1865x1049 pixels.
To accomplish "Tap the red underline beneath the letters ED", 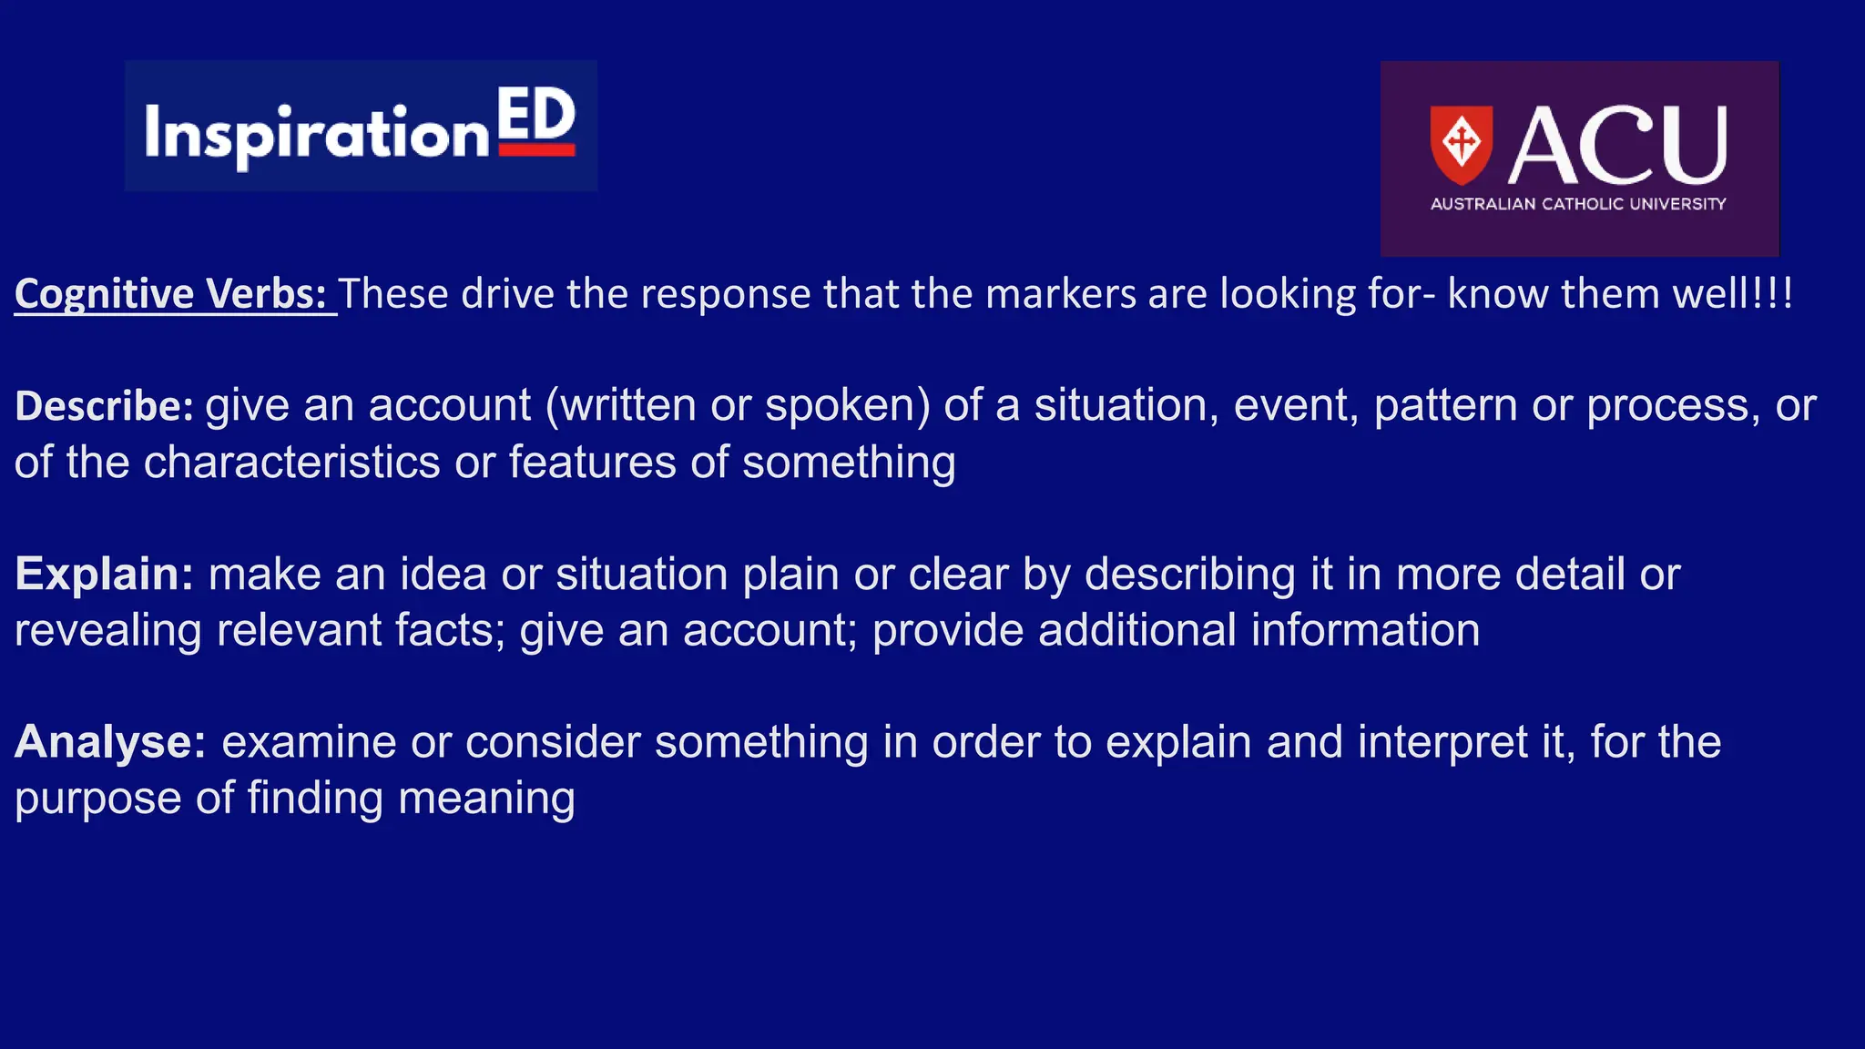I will coord(537,150).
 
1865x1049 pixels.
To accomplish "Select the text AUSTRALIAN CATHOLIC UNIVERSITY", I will coord(1578,204).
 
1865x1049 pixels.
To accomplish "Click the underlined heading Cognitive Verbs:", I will coord(171,294).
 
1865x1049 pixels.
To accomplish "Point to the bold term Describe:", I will coord(104,406).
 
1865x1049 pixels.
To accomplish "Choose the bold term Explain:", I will coord(104,575).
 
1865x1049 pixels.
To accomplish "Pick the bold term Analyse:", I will coord(110,742).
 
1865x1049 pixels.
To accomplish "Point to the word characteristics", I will coord(292,462).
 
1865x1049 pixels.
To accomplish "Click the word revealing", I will coord(107,630).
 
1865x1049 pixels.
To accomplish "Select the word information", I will coord(1365,630).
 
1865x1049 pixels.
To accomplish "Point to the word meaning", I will coord(486,799).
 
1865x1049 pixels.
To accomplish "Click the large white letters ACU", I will coord(1617,146).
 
